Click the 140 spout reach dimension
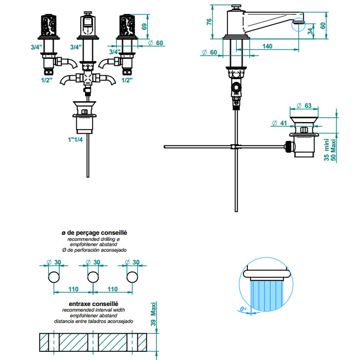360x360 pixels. coord(267,46)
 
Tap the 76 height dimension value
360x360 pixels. coord(209,22)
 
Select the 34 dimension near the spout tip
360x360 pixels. coord(310,31)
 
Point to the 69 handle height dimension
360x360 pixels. coord(144,26)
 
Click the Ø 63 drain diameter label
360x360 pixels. coord(304,105)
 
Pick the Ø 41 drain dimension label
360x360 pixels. coord(279,123)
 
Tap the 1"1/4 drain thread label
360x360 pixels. coord(75,139)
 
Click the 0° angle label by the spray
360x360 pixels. coord(243,309)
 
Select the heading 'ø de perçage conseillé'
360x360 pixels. coord(94,233)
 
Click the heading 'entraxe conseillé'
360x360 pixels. coord(93,304)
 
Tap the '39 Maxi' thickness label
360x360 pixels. coord(153,314)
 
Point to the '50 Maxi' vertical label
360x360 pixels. coord(333,150)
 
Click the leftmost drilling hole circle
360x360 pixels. coord(54,277)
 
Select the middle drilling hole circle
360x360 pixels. coord(93,277)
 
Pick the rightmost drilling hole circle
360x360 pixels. coord(132,277)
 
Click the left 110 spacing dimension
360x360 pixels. coord(73,289)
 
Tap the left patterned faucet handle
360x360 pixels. coord(49,25)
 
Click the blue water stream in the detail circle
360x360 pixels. coord(266,295)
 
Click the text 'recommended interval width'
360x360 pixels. coord(93,310)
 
